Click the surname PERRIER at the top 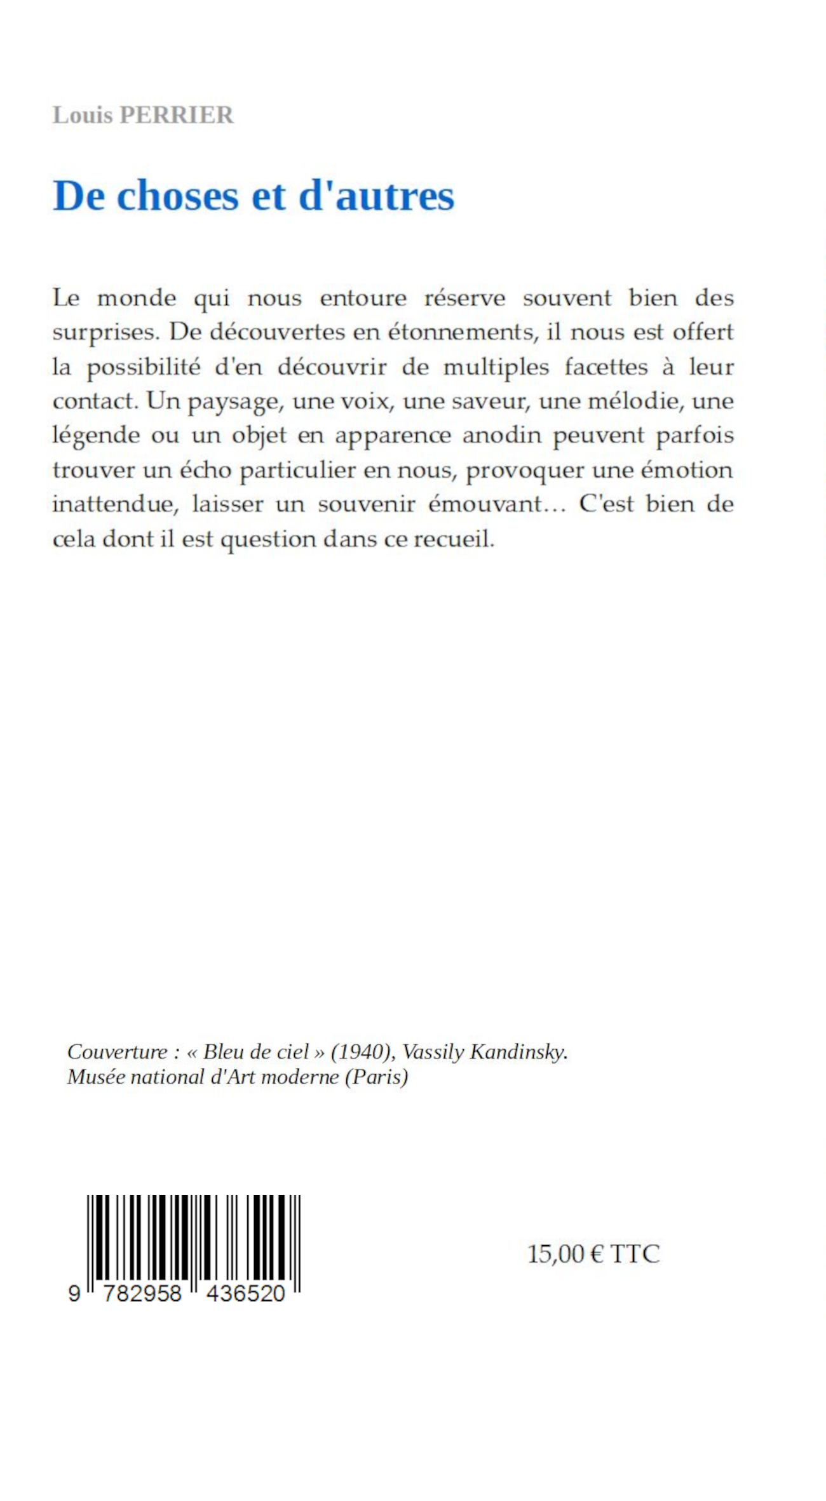click(177, 116)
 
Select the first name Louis click(83, 116)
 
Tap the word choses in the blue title click(178, 196)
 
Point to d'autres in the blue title click(376, 196)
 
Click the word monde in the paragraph click(137, 298)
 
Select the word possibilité click(144, 368)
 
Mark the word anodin click(502, 436)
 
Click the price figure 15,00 click(555, 1254)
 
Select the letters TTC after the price click(635, 1254)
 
